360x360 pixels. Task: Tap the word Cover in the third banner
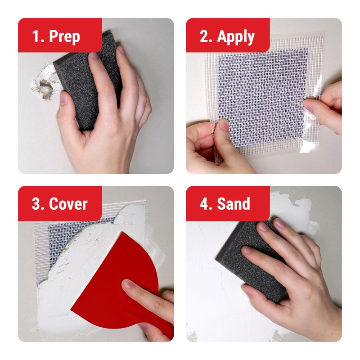[x=68, y=204]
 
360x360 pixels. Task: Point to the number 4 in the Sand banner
[x=204, y=204]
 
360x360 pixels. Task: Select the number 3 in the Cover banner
[x=37, y=204]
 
